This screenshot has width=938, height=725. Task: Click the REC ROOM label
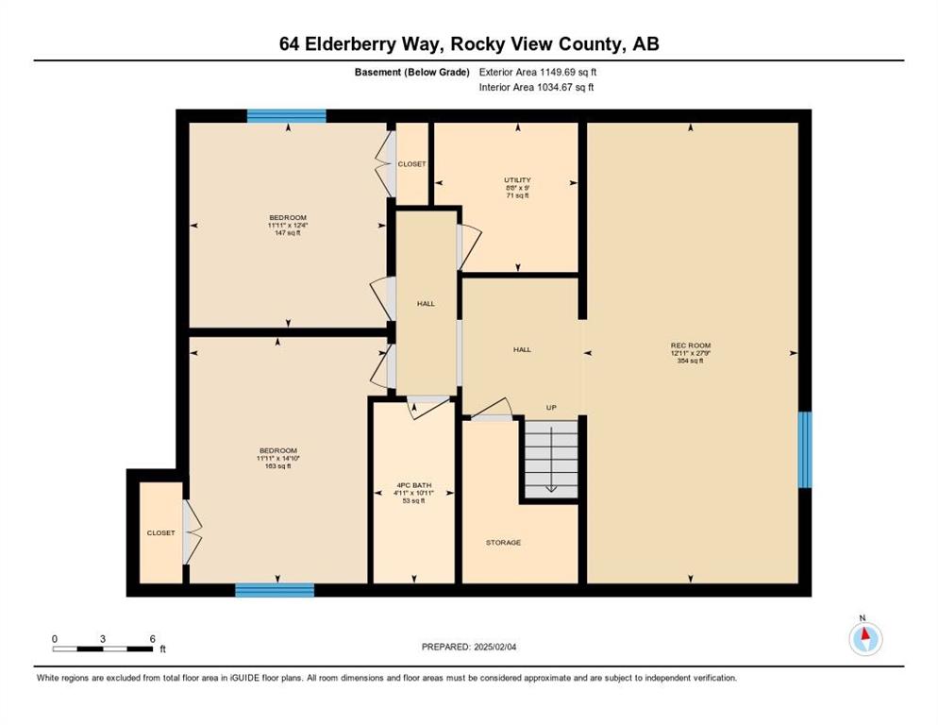(691, 346)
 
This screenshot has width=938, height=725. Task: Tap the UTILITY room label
(517, 179)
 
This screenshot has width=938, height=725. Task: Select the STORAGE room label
(503, 543)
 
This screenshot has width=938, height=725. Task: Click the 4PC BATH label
(413, 485)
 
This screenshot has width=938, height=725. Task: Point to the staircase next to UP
(551, 459)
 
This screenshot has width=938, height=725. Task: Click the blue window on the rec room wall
(805, 449)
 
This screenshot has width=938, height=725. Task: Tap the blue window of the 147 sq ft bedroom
(287, 116)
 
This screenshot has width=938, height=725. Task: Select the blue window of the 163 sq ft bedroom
(275, 590)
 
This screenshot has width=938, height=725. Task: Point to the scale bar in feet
(102, 649)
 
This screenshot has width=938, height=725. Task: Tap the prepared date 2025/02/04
(495, 647)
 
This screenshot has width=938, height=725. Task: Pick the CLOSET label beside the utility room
(412, 164)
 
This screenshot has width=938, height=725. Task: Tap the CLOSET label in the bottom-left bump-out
(161, 532)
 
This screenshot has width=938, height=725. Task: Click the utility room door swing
(469, 246)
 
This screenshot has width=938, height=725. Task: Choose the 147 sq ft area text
(288, 233)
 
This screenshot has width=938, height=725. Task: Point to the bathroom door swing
(428, 407)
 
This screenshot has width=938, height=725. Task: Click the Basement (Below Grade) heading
(412, 72)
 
